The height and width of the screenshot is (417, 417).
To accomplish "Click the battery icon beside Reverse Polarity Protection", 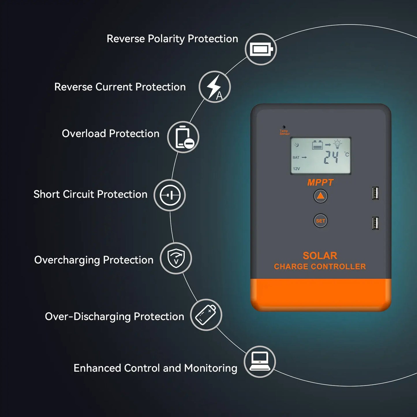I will coord(261,49).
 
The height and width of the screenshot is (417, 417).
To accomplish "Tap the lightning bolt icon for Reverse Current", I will coord(214,87).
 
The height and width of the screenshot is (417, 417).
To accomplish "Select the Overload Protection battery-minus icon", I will coord(183,137).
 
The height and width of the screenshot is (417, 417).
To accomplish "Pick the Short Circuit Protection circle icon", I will coord(170,195).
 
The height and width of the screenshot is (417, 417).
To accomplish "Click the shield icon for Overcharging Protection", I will coord(176,258).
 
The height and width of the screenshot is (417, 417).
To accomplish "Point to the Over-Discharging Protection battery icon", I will coord(206,315).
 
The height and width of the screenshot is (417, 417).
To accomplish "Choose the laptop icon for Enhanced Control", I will coord(260,362).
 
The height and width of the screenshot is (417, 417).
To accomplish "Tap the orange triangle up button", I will coord(320,196).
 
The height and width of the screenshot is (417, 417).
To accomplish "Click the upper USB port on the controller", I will coord(375,193).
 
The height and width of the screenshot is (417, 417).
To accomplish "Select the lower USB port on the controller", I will coord(375,223).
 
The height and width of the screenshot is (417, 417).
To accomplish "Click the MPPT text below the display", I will coord(320,183).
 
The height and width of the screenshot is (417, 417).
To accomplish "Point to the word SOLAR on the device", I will coord(320,256).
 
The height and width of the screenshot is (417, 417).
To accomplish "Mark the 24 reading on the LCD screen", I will coord(331,158).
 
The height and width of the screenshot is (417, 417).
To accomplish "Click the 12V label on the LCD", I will coord(296,169).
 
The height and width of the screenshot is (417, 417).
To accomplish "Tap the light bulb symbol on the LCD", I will coord(337,144).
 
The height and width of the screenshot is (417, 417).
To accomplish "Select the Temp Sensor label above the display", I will coord(284,132).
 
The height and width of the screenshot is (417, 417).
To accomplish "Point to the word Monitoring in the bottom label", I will coord(211,368).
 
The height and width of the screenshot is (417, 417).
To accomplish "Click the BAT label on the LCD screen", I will coord(296,158).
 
